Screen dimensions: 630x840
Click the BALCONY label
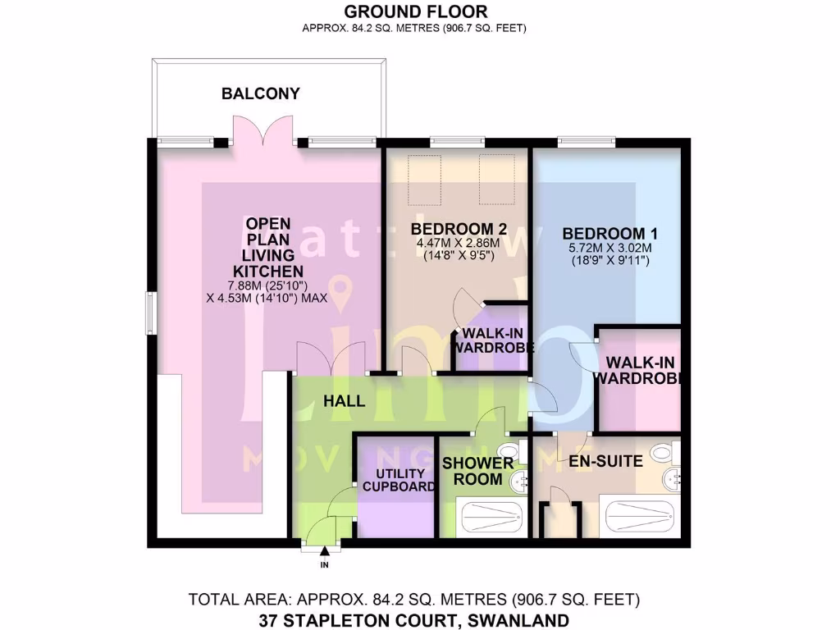coord(261,94)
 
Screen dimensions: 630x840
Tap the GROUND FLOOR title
coord(414,11)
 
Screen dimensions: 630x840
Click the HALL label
coord(345,401)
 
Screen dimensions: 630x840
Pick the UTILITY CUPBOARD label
coord(400,480)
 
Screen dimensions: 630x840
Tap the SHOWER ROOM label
coord(478,471)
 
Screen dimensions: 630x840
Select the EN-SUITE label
coord(605,462)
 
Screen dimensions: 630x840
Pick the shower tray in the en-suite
coord(642,518)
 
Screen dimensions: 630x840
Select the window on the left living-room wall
coord(150,313)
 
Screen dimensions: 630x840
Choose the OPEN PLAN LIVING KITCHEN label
coord(268,246)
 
